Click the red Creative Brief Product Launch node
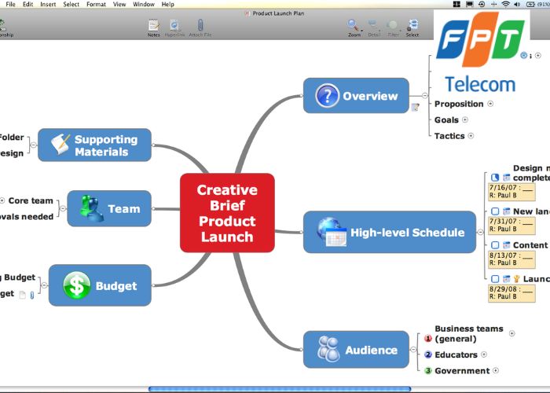tap(227, 213)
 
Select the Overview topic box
tap(356, 96)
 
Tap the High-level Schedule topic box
tap(390, 232)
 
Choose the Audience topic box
tap(356, 350)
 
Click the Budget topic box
tap(99, 286)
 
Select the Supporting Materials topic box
tap(94, 145)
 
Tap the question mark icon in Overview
tap(327, 96)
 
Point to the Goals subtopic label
tap(446, 119)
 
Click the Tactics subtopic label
tap(449, 135)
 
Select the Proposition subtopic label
tap(459, 103)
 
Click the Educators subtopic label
tap(456, 354)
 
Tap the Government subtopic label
tap(462, 370)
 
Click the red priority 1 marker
tap(428, 339)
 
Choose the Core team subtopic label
tap(31, 200)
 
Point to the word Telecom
tap(480, 84)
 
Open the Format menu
tap(96, 4)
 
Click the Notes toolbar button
tap(153, 28)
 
